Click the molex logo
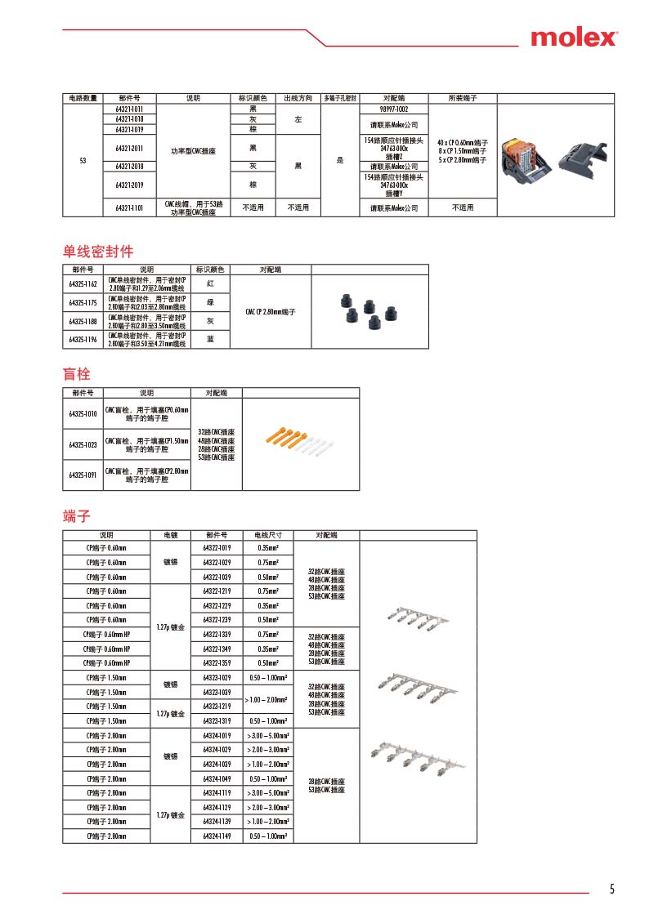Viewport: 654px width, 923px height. [x=574, y=38]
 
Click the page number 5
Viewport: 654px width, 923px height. [x=611, y=890]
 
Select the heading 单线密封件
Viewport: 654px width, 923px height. [x=98, y=251]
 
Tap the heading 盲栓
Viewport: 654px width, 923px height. [x=77, y=374]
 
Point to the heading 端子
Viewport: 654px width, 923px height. [x=77, y=516]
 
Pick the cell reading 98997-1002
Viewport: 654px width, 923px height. [x=394, y=109]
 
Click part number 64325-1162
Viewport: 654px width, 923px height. [x=83, y=284]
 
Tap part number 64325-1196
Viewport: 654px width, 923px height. [x=83, y=340]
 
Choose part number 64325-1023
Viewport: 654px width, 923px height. [x=83, y=445]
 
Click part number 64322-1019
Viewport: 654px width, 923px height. [x=217, y=547]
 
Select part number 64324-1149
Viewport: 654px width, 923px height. [x=217, y=836]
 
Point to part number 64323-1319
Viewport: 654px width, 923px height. [x=217, y=720]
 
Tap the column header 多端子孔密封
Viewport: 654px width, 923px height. [x=339, y=98]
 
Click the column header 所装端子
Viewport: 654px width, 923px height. [x=462, y=98]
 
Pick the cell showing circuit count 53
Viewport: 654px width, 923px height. [x=83, y=160]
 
